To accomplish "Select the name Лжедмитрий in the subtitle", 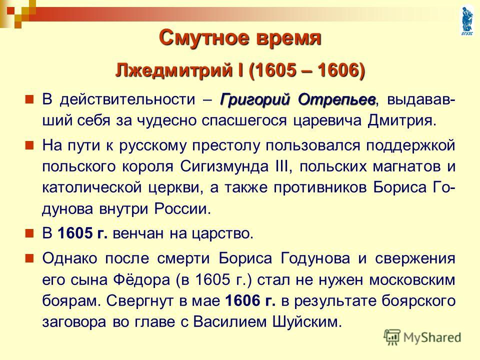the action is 173,70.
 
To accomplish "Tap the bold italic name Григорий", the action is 254,100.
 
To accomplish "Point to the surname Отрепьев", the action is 336,100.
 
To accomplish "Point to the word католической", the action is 92,187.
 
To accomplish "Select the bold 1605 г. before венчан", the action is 82,233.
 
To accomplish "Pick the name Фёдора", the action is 141,280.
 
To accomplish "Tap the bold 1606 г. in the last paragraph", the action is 250,301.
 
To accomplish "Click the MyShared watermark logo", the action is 422,337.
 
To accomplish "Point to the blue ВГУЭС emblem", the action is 467,20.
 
